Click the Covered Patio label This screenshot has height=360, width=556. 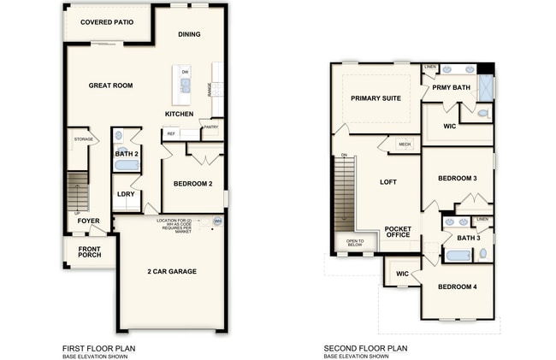[x=104, y=22]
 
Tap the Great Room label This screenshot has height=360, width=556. [x=111, y=86]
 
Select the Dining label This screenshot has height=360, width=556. [x=189, y=34]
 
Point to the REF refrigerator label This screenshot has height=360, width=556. [x=171, y=133]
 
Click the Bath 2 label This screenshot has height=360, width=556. [x=127, y=154]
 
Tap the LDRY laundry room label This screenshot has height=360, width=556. [x=126, y=193]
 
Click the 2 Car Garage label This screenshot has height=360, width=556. [x=171, y=271]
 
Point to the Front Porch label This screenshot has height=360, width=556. [x=90, y=251]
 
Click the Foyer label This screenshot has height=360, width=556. [x=89, y=221]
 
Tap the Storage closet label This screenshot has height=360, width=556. [x=83, y=139]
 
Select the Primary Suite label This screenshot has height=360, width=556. [x=376, y=98]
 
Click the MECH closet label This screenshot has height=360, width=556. [x=405, y=145]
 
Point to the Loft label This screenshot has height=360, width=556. [x=388, y=182]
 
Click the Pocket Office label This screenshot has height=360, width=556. [x=398, y=232]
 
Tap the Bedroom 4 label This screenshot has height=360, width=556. [x=457, y=286]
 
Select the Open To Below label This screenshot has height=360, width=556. [x=355, y=244]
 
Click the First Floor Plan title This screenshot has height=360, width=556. [x=99, y=348]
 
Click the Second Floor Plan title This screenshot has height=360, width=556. [x=365, y=348]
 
